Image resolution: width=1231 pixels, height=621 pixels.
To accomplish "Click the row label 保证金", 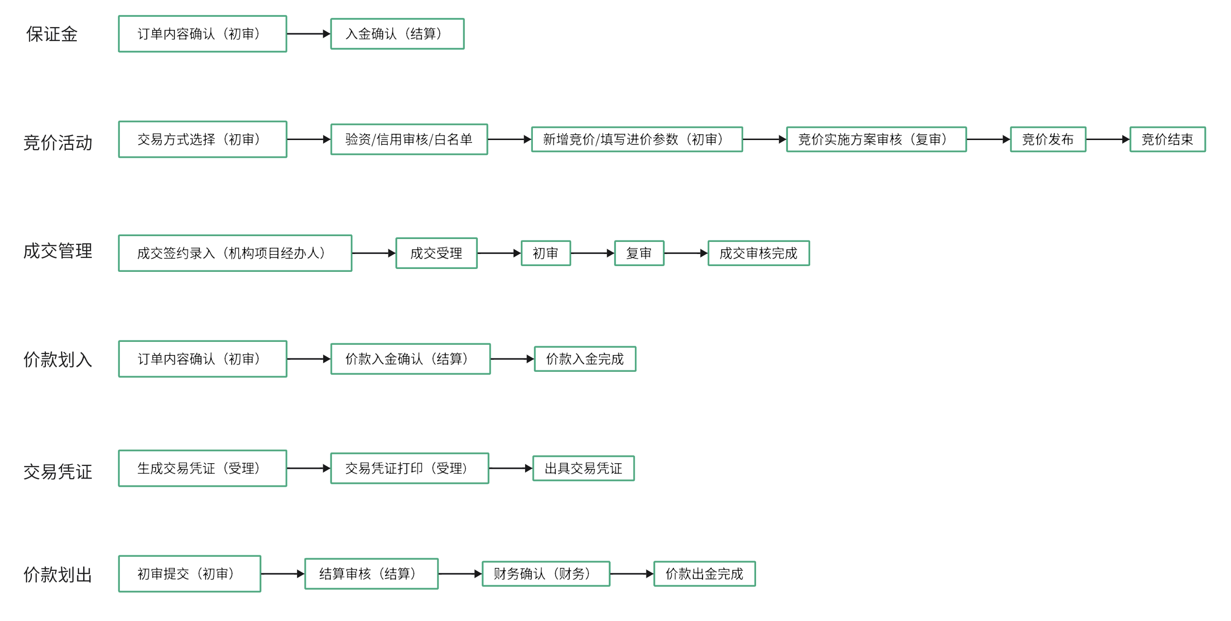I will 52,34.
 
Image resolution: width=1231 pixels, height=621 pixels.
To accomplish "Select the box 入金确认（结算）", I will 397,34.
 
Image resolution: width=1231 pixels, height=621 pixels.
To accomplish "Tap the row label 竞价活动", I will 57,143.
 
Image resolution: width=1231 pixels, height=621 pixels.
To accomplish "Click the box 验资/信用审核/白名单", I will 409,140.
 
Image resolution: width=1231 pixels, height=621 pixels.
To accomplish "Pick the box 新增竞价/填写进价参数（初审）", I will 636,140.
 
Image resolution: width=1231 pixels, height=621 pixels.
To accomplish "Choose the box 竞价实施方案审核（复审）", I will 876,140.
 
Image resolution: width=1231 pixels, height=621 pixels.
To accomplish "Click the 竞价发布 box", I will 1047,140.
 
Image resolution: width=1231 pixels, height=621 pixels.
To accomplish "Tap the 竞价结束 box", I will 1167,140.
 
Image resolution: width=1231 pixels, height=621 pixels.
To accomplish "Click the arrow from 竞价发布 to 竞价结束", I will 1107,140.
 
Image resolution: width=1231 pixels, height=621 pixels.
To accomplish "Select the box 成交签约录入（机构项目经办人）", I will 235,253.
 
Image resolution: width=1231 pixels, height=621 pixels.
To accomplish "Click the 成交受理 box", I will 436,253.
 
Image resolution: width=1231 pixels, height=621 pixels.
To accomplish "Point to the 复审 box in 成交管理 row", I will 639,253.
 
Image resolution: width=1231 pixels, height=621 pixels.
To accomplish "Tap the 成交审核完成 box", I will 758,253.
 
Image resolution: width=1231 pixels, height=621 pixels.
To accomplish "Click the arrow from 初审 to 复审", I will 592,253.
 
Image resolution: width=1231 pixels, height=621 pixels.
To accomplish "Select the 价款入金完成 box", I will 585,359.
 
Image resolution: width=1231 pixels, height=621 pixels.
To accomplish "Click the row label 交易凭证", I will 57,472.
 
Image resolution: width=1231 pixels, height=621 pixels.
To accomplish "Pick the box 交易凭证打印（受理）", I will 409,468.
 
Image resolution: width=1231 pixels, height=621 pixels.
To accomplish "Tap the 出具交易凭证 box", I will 583,468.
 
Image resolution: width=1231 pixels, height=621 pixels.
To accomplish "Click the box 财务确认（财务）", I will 545,574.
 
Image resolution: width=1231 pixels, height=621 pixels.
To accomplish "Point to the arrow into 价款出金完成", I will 631,574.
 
